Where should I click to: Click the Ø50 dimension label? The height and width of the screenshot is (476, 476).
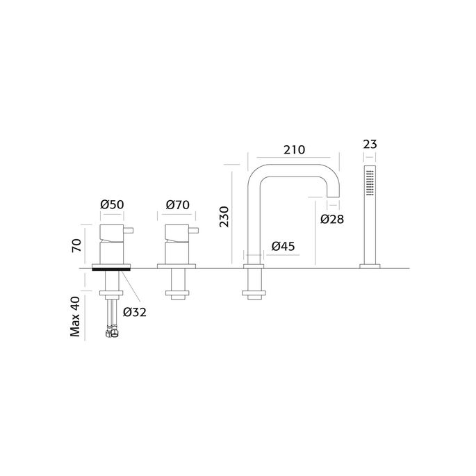click(x=112, y=205)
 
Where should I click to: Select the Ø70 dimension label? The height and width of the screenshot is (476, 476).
click(x=179, y=205)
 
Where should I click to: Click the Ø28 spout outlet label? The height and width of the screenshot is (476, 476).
click(x=333, y=220)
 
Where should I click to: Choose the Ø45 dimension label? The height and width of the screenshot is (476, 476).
click(x=284, y=246)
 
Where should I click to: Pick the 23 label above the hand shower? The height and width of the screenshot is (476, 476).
click(x=370, y=145)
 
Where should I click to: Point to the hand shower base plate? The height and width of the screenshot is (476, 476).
click(x=370, y=265)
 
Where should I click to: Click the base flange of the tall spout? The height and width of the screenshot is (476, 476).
click(x=252, y=265)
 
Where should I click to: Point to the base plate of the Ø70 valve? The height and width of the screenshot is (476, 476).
click(x=178, y=265)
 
